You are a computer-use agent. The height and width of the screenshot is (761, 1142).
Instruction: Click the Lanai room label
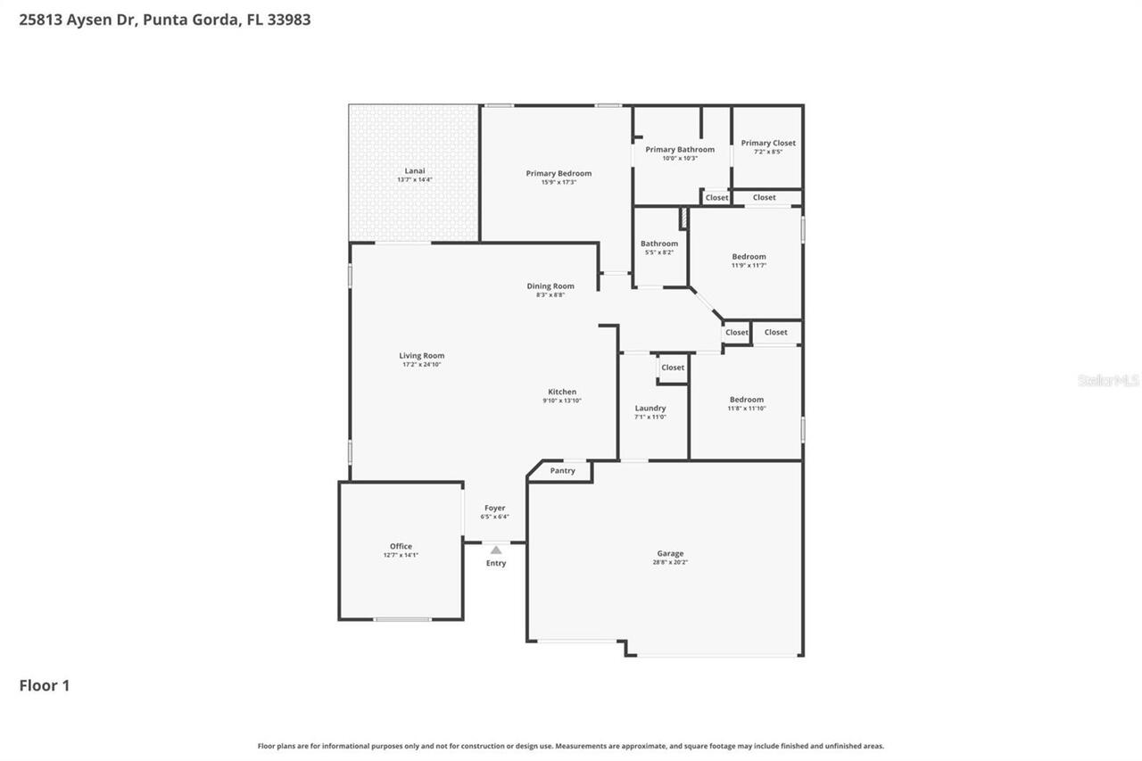pyautogui.click(x=414, y=170)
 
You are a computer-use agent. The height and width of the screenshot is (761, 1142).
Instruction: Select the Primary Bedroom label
pyautogui.click(x=559, y=173)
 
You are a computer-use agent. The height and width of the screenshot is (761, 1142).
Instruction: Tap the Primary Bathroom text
pyautogui.click(x=680, y=149)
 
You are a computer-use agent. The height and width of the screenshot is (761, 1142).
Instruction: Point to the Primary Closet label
pyautogui.click(x=768, y=143)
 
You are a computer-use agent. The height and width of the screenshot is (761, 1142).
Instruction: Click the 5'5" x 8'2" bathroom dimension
pyautogui.click(x=659, y=252)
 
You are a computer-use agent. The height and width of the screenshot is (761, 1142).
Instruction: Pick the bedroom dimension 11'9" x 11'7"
pyautogui.click(x=749, y=265)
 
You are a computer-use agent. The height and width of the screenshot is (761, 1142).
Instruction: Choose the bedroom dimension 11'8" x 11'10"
pyautogui.click(x=747, y=409)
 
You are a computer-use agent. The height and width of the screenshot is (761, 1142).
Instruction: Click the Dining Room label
pyautogui.click(x=550, y=286)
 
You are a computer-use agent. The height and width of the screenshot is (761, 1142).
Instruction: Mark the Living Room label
pyautogui.click(x=421, y=355)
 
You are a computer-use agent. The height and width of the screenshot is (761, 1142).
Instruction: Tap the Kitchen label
pyautogui.click(x=562, y=392)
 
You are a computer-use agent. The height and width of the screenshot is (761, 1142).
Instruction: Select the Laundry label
pyautogui.click(x=650, y=408)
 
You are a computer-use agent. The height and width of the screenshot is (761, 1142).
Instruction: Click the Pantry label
pyautogui.click(x=563, y=470)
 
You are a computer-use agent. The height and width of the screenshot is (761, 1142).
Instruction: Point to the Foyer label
pyautogui.click(x=495, y=508)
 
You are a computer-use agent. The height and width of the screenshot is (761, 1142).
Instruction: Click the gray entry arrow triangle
pyautogui.click(x=496, y=550)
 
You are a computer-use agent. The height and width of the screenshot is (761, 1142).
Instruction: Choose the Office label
pyautogui.click(x=401, y=546)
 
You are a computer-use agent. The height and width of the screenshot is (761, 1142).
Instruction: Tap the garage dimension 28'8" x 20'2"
pyautogui.click(x=670, y=562)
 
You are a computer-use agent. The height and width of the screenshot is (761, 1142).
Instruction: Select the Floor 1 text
pyautogui.click(x=45, y=685)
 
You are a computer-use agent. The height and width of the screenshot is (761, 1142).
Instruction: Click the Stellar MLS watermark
pyautogui.click(x=1108, y=380)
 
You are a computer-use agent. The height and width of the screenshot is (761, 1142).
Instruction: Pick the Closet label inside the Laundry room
pyautogui.click(x=673, y=368)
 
